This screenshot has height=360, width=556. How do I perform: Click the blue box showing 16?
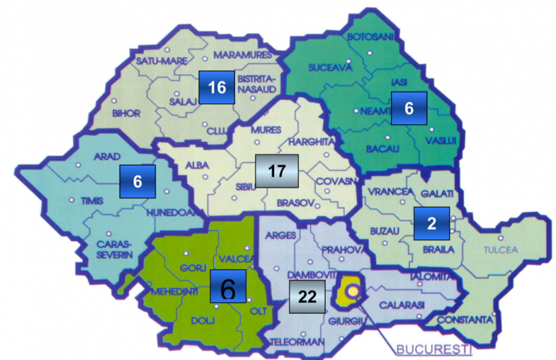pyautogui.click(x=217, y=87)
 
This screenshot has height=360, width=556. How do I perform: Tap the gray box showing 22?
pyautogui.click(x=307, y=296)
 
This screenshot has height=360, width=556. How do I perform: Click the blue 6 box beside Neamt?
pyautogui.click(x=408, y=108)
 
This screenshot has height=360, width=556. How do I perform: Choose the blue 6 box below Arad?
pyautogui.click(x=137, y=182)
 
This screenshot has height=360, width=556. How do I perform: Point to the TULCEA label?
pyautogui.click(x=500, y=250)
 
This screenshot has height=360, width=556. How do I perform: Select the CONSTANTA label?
pyautogui.click(x=464, y=319)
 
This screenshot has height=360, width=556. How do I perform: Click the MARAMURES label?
pyautogui.click(x=242, y=54)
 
